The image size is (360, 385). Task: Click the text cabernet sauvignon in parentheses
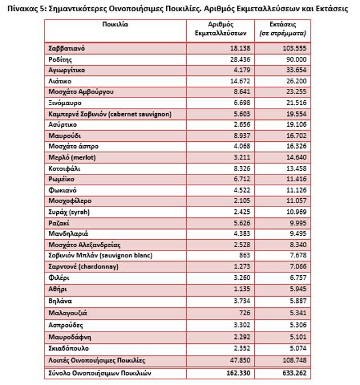click(x=141, y=114)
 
